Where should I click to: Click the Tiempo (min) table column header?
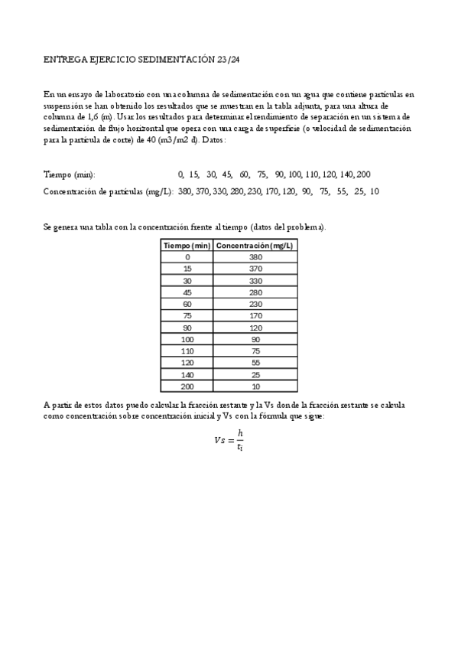(187, 245)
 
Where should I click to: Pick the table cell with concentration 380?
(255, 257)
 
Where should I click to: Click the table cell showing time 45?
(187, 292)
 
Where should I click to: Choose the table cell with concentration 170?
(255, 316)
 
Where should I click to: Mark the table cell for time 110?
(187, 351)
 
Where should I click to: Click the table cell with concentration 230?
(255, 304)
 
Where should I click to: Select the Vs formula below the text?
(229, 441)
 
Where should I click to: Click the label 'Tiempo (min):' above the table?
(70, 174)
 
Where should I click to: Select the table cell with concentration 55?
(255, 363)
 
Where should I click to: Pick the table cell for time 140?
(187, 375)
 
